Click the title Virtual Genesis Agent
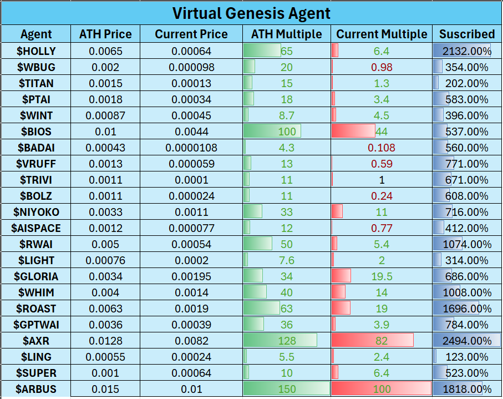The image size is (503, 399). [251, 13]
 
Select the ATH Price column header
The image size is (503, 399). [105, 34]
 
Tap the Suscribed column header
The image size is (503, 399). [467, 34]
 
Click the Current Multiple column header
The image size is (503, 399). [382, 34]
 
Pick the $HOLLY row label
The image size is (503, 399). [36, 52]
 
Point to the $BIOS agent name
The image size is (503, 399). [36, 132]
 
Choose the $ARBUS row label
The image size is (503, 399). [36, 389]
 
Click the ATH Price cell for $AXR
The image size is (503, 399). [105, 341]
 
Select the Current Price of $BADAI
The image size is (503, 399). [191, 148]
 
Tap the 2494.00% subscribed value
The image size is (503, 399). [467, 341]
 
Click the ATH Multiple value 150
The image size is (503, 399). [287, 389]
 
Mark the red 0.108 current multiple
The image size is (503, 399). [382, 148]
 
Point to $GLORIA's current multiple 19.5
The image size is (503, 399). [382, 276]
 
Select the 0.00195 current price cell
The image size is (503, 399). [191, 276]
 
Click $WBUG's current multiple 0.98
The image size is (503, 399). [382, 68]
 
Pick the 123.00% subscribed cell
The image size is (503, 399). [467, 357]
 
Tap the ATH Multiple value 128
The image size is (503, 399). [287, 341]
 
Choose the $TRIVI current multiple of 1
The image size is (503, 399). [382, 180]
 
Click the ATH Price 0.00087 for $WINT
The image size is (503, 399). [105, 116]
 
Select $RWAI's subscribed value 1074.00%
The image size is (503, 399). [467, 244]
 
